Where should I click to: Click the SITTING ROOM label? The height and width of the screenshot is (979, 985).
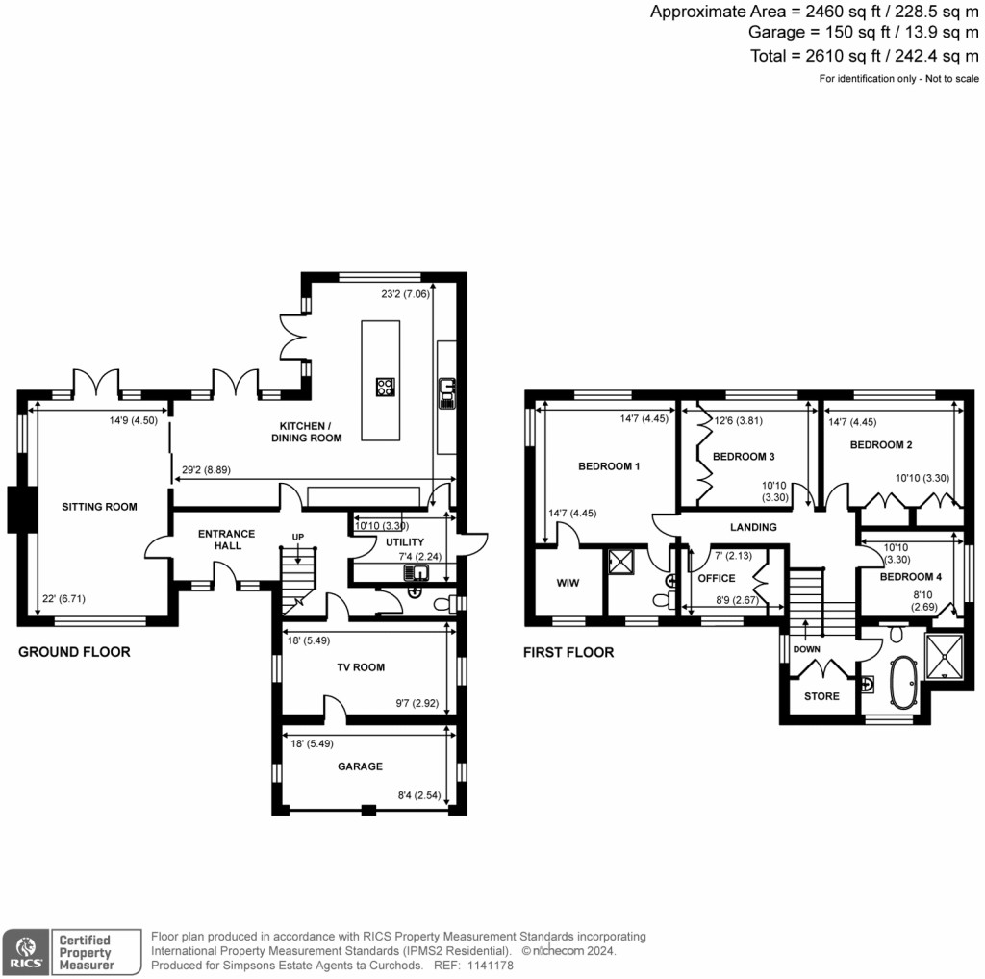(x=99, y=507)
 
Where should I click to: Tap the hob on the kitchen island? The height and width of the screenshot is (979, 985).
(x=386, y=388)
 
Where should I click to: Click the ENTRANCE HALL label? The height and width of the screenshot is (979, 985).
(x=226, y=540)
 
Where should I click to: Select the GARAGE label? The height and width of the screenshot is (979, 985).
(x=360, y=766)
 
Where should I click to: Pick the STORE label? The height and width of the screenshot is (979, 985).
(x=821, y=696)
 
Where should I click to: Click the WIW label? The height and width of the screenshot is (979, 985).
(x=568, y=583)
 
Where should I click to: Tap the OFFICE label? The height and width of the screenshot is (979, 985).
(x=717, y=578)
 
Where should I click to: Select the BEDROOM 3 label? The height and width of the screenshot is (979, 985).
(x=744, y=456)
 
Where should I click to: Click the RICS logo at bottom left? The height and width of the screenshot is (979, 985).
(x=25, y=951)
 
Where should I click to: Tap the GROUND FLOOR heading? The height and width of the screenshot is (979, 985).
(x=74, y=652)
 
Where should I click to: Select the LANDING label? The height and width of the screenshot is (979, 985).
(x=753, y=527)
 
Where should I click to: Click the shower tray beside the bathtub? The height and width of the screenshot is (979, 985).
(x=945, y=653)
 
